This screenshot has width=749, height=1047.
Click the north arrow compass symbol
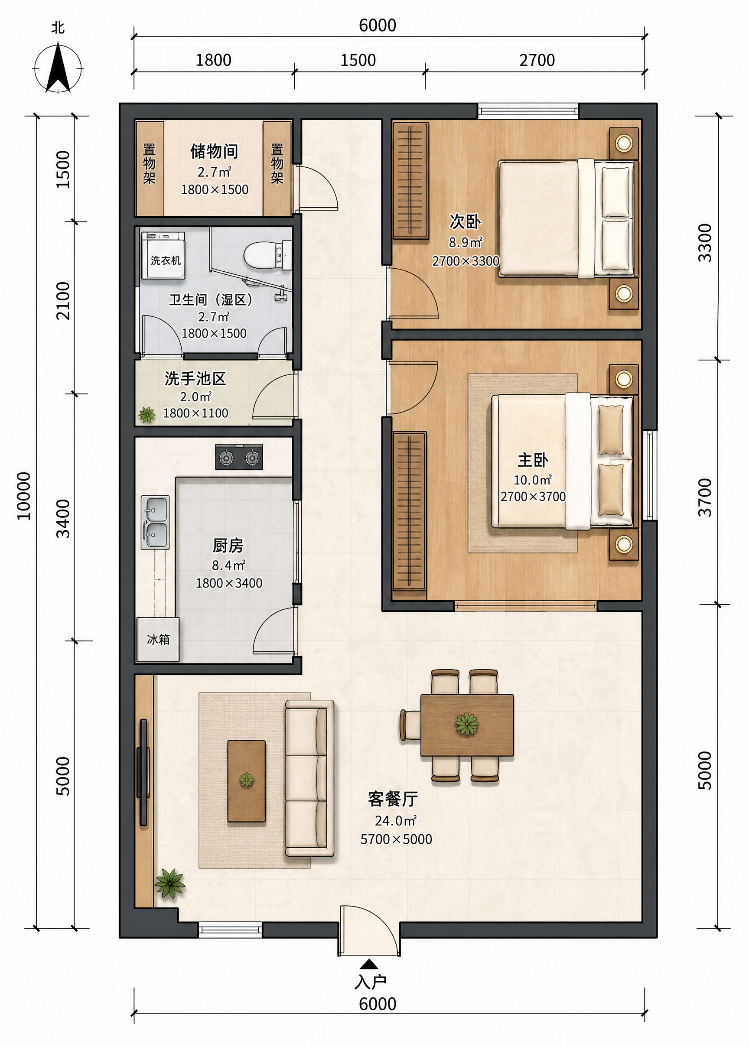tap(58, 68)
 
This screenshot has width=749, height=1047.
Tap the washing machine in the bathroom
tap(163, 255)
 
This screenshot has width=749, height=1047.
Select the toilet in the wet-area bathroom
tap(267, 255)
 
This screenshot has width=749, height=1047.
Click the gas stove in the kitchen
tap(239, 457)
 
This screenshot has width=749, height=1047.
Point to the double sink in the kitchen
tap(155, 522)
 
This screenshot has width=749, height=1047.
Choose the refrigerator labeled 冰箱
tap(158, 640)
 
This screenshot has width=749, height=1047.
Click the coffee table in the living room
tap(246, 781)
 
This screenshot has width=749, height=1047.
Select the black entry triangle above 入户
tap(369, 964)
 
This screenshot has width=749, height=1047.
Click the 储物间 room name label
tap(215, 151)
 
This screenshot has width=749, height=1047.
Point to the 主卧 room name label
tap(533, 460)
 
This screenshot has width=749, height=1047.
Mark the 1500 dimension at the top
tap(358, 60)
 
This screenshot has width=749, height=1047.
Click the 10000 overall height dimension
tap(23, 496)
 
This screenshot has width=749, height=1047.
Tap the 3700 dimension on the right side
tap(705, 497)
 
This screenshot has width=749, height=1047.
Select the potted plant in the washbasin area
tap(147, 414)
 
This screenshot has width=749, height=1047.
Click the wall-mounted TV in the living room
tap(143, 772)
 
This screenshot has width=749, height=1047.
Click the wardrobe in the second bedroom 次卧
tap(410, 180)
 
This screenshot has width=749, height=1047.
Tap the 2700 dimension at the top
tap(537, 60)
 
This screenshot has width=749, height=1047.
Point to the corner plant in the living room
tap(170, 883)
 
